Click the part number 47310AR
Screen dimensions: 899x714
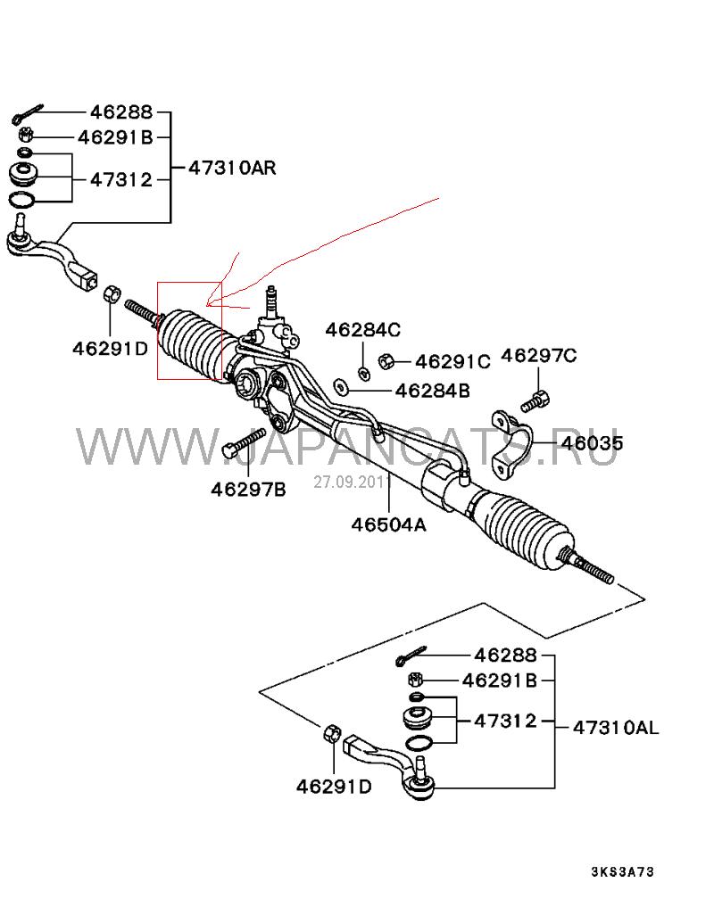coord(232,167)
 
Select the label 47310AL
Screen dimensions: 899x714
coord(615,727)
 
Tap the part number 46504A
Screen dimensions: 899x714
coord(388,524)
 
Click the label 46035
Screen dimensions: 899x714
coord(592,443)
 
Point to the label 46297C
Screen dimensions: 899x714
coord(539,356)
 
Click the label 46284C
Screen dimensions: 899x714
coord(362,329)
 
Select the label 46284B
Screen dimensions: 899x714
coord(433,390)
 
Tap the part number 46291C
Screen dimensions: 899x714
coord(452,361)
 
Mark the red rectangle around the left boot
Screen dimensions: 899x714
coord(189,330)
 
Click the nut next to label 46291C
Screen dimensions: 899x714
coord(387,361)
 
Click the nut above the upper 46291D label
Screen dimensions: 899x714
coord(112,294)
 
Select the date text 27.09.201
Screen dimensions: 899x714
coord(348,482)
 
